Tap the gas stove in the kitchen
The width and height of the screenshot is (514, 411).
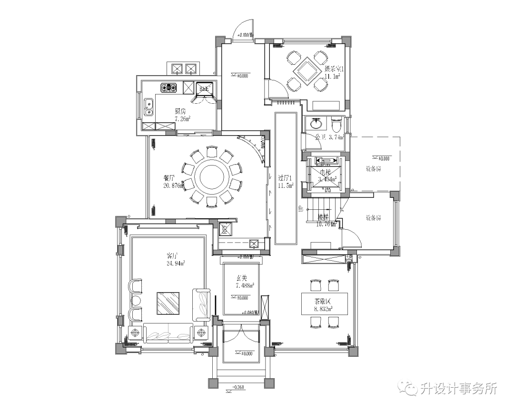point(169,88)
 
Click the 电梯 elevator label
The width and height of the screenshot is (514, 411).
point(325,172)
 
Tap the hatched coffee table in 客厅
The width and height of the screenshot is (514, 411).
point(168,303)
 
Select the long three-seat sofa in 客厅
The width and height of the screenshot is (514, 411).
point(169,333)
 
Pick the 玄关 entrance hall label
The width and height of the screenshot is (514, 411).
point(241,278)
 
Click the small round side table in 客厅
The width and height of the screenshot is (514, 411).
point(135,300)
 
